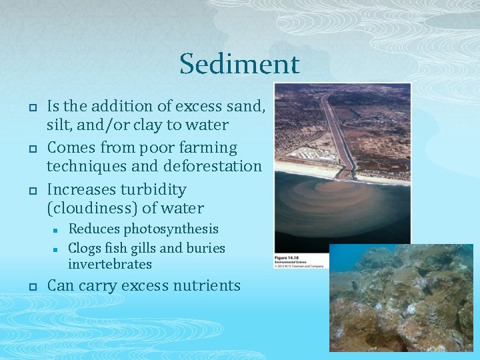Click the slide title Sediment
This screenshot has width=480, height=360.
(239, 65)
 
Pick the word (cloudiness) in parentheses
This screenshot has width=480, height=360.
(92, 209)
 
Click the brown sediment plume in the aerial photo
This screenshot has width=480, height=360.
(333, 207)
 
